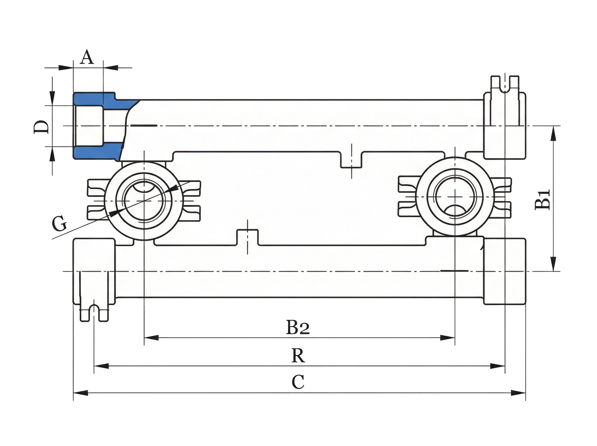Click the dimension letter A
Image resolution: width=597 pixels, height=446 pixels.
click(x=87, y=57)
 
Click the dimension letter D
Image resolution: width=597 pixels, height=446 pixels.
click(x=41, y=127)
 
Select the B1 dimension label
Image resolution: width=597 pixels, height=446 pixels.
click(x=542, y=200)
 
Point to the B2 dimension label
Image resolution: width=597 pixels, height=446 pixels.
click(x=298, y=327)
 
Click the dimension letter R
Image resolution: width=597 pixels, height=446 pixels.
click(x=298, y=355)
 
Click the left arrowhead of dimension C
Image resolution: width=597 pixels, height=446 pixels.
click(x=80, y=393)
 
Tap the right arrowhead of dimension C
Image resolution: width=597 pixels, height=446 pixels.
click(x=518, y=393)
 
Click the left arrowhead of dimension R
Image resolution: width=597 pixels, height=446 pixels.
click(x=101, y=366)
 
